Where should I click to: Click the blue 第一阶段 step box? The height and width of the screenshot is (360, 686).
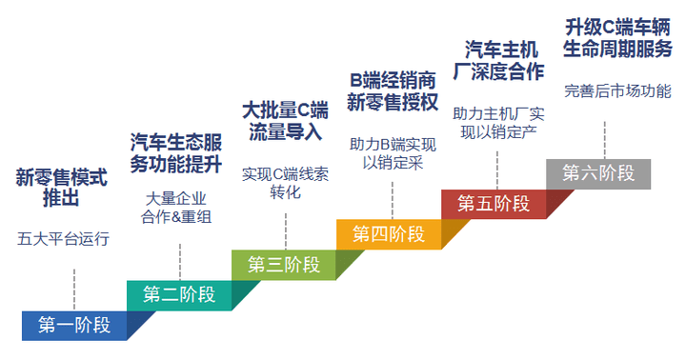pos(74,326)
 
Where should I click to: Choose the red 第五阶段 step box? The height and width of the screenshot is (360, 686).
pos(494,203)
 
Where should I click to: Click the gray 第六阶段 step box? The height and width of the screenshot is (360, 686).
pos(598,173)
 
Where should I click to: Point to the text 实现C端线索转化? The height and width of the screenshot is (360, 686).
pos(285,182)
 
